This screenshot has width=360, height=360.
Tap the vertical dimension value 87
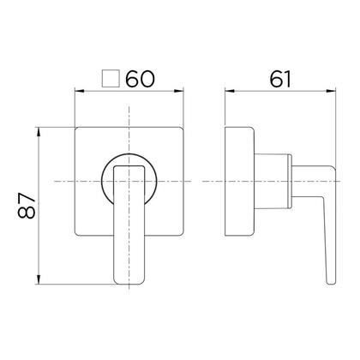[27, 207]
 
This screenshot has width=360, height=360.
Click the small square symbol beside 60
[109, 80]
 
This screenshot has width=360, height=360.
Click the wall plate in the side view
[239, 182]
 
